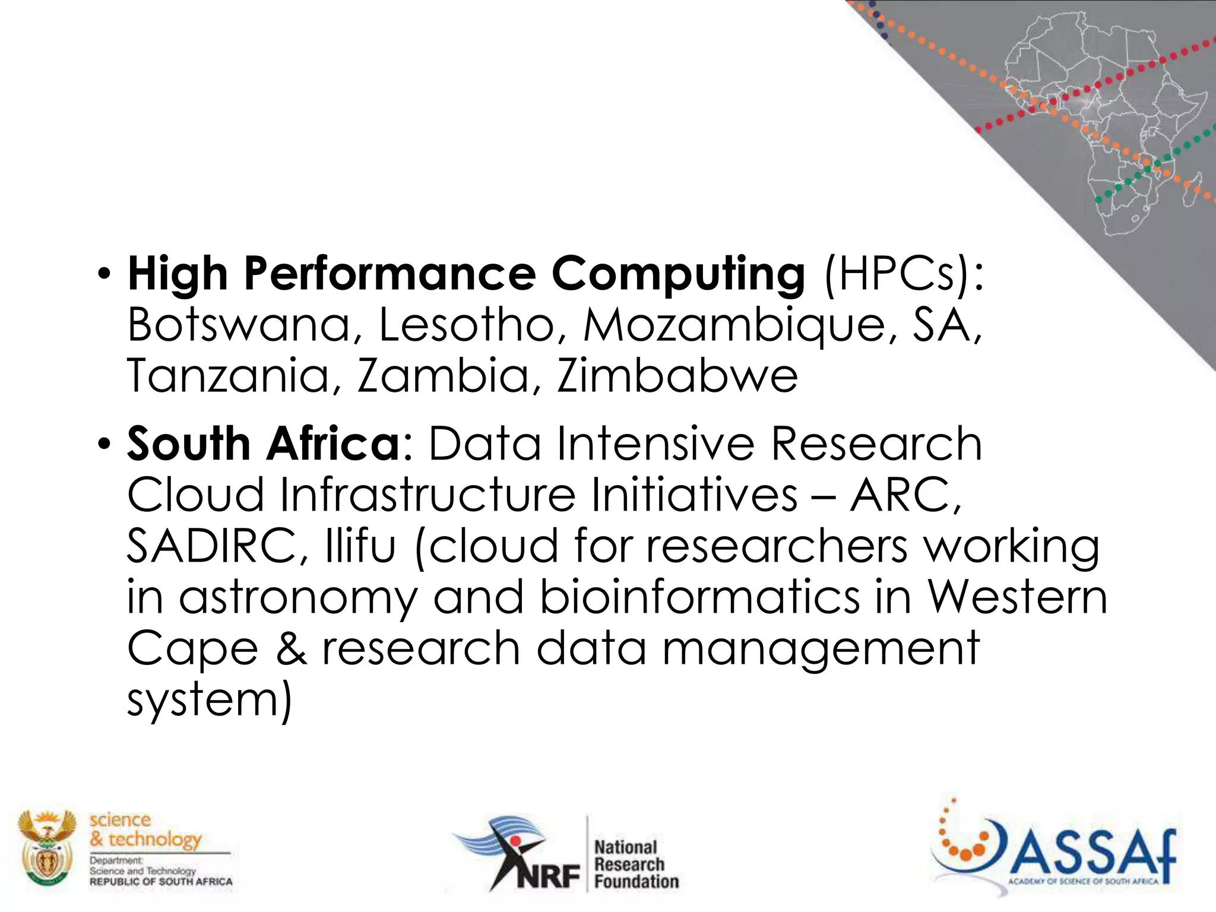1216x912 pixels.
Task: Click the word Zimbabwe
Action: (677, 376)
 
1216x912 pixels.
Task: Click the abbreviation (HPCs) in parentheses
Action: (903, 274)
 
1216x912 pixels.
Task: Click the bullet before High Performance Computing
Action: (104, 275)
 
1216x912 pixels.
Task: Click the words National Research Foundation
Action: (635, 864)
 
